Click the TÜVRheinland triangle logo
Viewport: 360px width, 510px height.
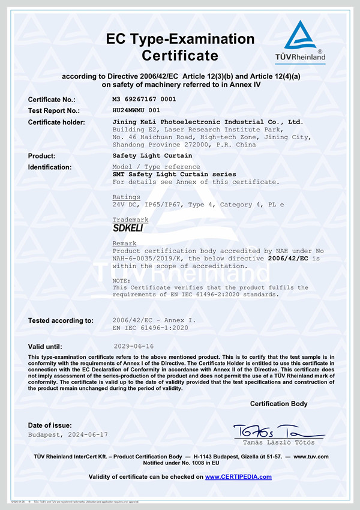point(305,37)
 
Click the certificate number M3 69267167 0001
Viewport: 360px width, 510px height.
point(144,99)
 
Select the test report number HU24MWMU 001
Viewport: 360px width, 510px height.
point(136,110)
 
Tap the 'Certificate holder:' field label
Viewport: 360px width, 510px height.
point(56,122)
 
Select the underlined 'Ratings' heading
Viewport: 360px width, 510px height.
point(126,197)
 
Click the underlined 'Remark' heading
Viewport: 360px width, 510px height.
point(124,243)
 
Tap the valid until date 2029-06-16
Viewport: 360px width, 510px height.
point(133,346)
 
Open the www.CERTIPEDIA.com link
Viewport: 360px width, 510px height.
point(238,477)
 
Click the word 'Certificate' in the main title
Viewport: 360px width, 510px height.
point(180,56)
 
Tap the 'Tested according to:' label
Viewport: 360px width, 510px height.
point(61,320)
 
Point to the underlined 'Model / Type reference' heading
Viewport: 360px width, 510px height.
point(156,167)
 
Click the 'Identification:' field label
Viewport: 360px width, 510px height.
point(50,167)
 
